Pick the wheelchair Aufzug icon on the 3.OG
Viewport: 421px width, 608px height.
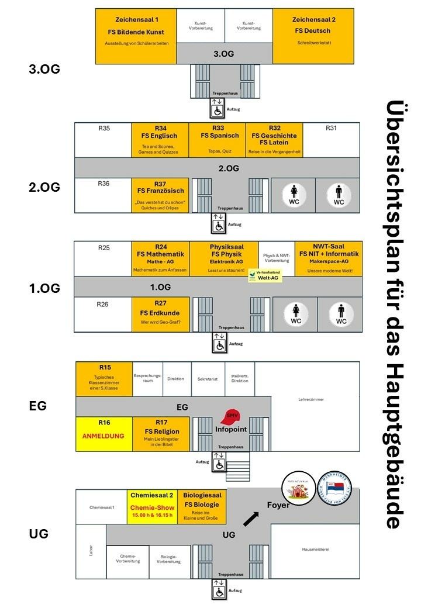pos(217,109)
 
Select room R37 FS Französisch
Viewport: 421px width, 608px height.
pos(160,195)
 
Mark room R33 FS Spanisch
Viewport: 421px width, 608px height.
pos(218,140)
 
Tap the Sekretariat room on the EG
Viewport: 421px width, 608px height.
pos(208,379)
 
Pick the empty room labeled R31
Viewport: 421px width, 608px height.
pos(331,140)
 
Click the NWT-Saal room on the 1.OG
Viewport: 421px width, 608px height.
pos(328,258)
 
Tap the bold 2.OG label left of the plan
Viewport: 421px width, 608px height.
pos(44,187)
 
